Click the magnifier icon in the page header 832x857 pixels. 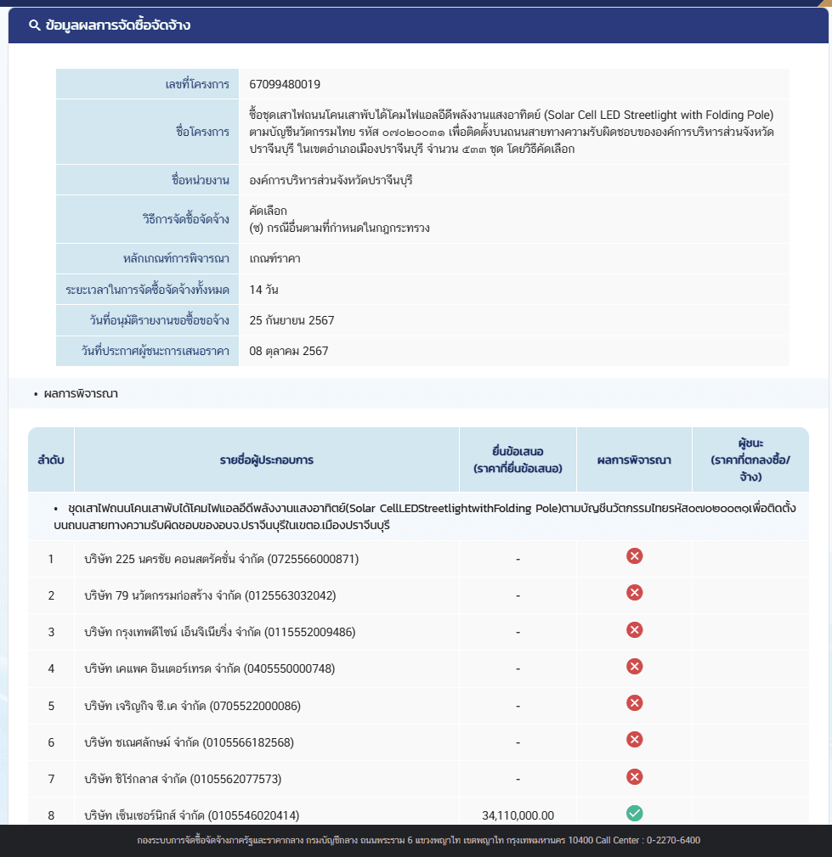35,25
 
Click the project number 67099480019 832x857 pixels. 285,84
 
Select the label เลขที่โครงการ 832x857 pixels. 197,84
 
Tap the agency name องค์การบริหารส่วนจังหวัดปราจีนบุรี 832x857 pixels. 331,181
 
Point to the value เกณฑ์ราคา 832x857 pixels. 275,258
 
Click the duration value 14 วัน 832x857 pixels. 264,290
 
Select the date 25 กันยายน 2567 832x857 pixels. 292,320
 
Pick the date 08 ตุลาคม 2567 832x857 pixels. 289,351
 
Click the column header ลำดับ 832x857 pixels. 51,460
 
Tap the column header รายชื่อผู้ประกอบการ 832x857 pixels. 266,460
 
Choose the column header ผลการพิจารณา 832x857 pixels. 634,460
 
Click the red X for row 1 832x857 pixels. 634,556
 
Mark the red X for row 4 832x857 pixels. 634,666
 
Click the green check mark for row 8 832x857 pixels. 634,814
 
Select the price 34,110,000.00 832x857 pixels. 518,815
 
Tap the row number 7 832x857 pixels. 51,779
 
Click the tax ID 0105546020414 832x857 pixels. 253,815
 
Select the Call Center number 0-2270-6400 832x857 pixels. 673,840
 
